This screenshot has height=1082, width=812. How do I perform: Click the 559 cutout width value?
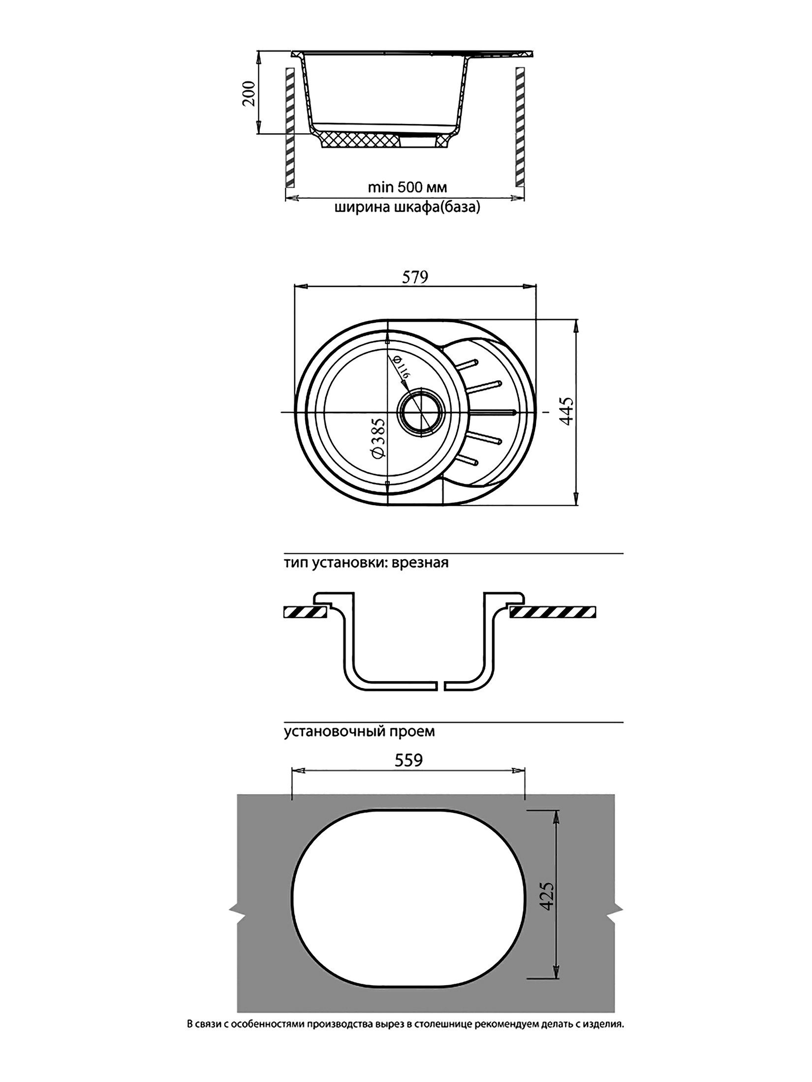pyautogui.click(x=408, y=760)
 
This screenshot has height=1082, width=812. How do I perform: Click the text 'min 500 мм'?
pyautogui.click(x=407, y=187)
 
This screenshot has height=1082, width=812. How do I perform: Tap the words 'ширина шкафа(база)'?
pyautogui.click(x=407, y=208)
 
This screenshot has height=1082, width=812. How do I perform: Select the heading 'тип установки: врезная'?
pyautogui.click(x=366, y=563)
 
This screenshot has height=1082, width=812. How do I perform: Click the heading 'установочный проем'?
pyautogui.click(x=359, y=731)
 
